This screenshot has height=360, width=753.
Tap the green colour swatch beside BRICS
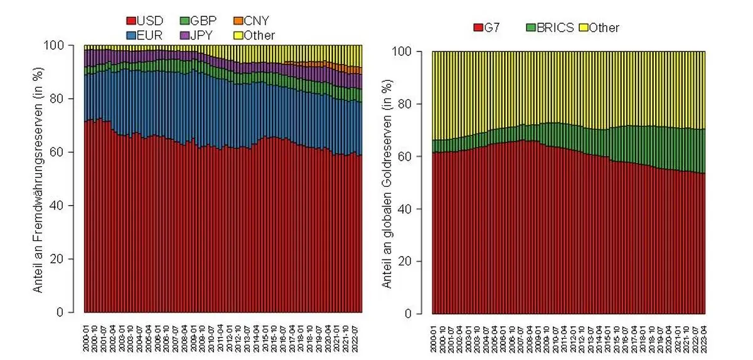(531, 28)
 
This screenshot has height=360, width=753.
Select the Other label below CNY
(260, 35)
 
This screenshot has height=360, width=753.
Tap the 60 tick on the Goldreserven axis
(414, 156)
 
